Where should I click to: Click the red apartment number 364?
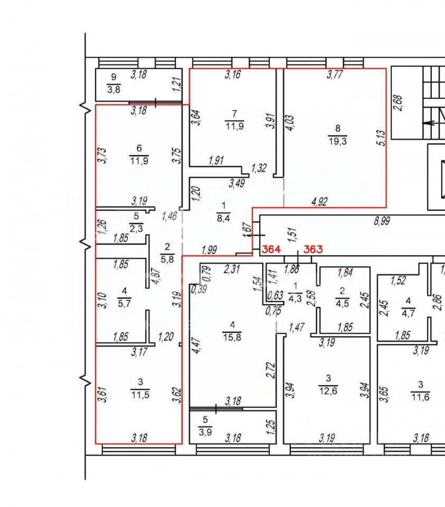tap(271, 249)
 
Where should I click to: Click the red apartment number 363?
tap(313, 249)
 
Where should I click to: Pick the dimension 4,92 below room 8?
tap(318, 201)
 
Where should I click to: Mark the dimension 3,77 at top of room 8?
tap(334, 75)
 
